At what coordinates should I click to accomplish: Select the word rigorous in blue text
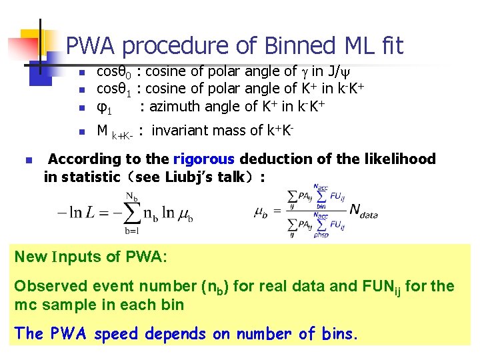204,159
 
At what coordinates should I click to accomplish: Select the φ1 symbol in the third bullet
104,106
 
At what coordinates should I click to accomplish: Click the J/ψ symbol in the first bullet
346,71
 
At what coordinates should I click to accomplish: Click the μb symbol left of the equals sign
261,213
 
